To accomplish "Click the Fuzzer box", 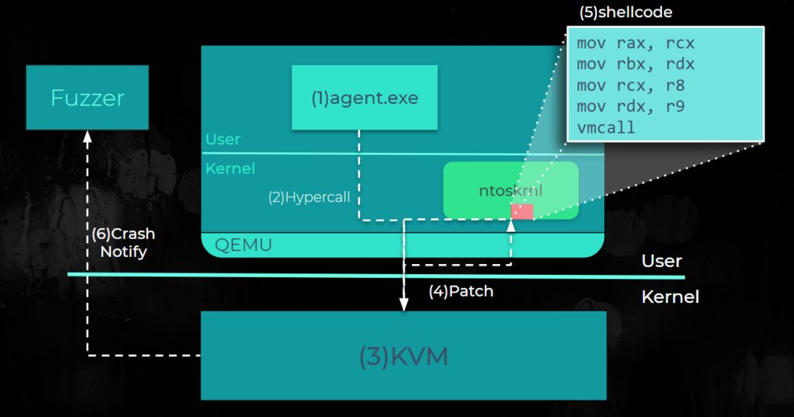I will click(x=87, y=98).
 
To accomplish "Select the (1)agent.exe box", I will click(x=364, y=98).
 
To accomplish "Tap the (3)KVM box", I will click(x=403, y=356).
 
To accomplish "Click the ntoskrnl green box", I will click(x=510, y=190).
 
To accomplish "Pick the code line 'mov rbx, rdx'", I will click(x=635, y=64).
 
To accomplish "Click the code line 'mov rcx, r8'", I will click(x=630, y=85).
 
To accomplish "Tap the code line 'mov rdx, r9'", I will click(x=630, y=106).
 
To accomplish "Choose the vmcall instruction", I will click(x=606, y=127).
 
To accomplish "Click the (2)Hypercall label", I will click(x=308, y=197).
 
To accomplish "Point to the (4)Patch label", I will click(x=461, y=292).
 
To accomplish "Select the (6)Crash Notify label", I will click(x=123, y=242).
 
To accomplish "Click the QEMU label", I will click(x=243, y=245).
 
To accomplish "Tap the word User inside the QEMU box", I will click(x=223, y=140).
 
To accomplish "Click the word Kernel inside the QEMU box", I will click(x=230, y=168).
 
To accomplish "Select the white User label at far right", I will click(x=661, y=261).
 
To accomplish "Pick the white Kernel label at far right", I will click(x=670, y=297).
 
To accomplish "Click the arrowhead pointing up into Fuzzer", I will click(x=87, y=136).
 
